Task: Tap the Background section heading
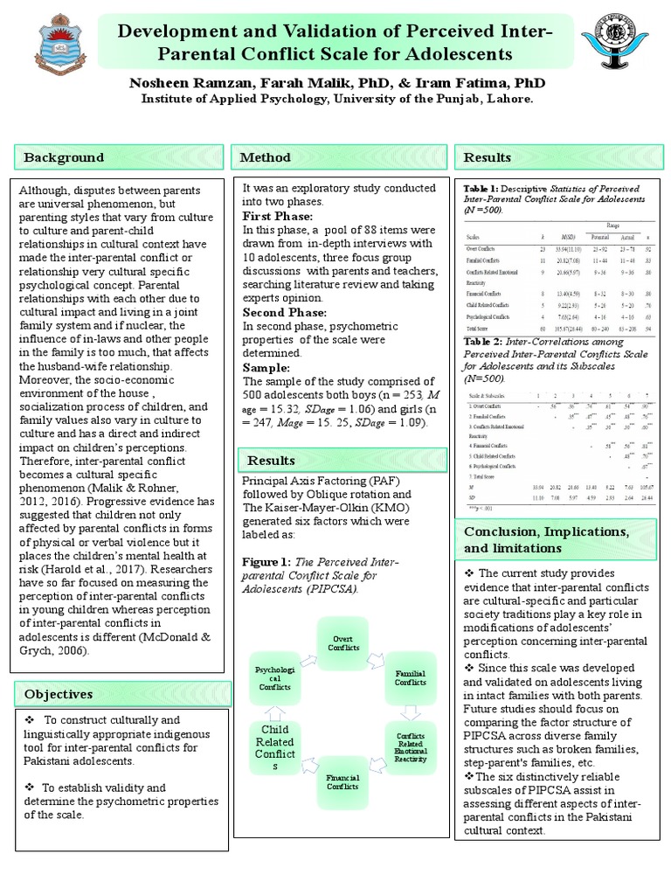(x=63, y=158)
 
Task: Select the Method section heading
(x=266, y=158)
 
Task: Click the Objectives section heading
(x=59, y=694)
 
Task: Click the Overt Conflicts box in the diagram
(x=343, y=643)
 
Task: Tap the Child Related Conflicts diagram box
(x=276, y=747)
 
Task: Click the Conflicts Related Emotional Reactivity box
(x=411, y=747)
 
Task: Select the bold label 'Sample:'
(x=266, y=367)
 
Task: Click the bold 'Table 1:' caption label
(x=480, y=188)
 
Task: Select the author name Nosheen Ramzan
(x=186, y=83)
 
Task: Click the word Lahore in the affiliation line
(x=508, y=101)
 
